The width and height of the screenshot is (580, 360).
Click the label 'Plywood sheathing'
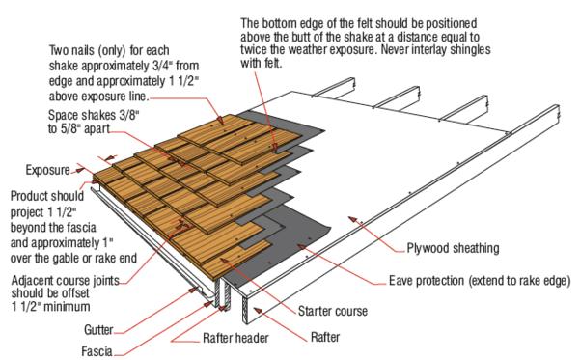point(453,248)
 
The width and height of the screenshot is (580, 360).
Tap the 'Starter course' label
point(333,311)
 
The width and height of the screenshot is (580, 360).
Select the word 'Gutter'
point(98,330)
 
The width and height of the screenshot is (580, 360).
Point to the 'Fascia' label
point(97,351)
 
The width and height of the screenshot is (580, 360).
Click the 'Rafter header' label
point(235,338)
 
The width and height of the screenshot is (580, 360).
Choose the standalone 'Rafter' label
point(325,337)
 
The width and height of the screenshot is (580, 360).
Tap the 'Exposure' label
point(47,170)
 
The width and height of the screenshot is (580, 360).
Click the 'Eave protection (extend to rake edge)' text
point(480,281)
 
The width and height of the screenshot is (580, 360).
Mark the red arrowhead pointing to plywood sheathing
point(352,220)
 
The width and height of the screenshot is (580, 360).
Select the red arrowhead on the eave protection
point(301,246)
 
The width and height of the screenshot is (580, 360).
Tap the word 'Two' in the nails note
point(59,50)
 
